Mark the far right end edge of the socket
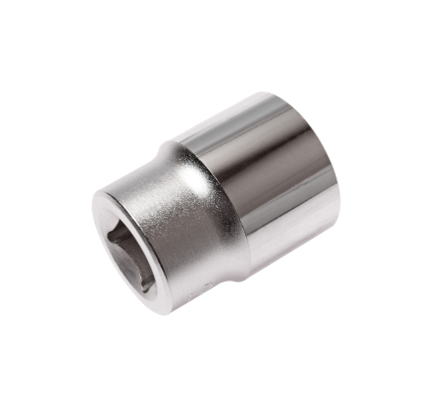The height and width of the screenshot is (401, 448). [x=338, y=179]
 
